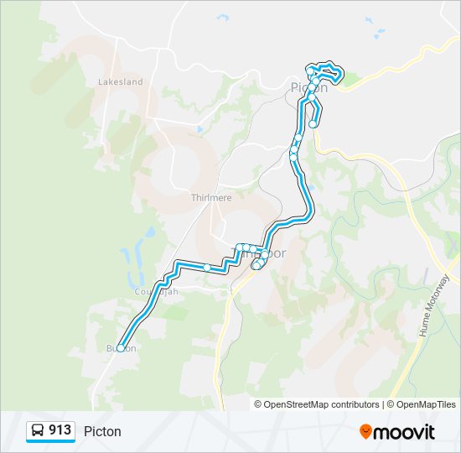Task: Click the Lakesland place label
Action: (121, 82)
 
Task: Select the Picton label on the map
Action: (309, 87)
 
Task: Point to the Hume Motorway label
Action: (433, 306)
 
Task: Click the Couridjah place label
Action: (157, 291)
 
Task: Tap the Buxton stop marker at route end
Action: (121, 347)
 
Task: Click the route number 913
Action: (60, 430)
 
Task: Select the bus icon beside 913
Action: (38, 431)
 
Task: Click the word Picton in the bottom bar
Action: (102, 431)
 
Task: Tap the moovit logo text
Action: (405, 432)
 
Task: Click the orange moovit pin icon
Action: (365, 431)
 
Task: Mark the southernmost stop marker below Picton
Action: (313, 124)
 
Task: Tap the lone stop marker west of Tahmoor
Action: (207, 267)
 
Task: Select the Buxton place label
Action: (120, 348)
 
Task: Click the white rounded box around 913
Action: (49, 431)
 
